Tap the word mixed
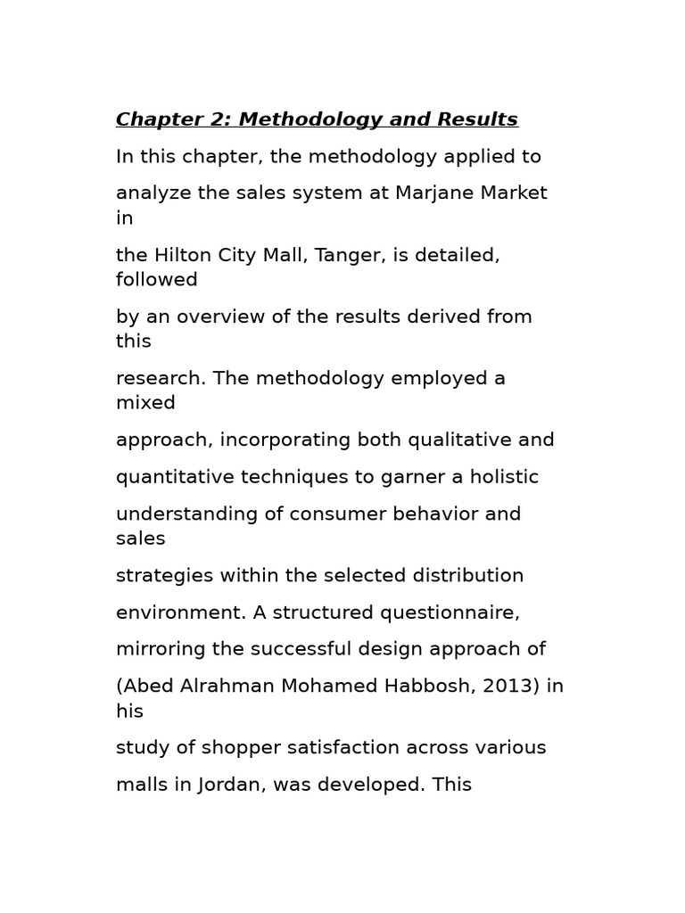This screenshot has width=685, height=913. pyautogui.click(x=145, y=403)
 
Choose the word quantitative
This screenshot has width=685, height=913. pyautogui.click(x=168, y=477)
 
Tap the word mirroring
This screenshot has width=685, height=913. pyautogui.click(x=160, y=649)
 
